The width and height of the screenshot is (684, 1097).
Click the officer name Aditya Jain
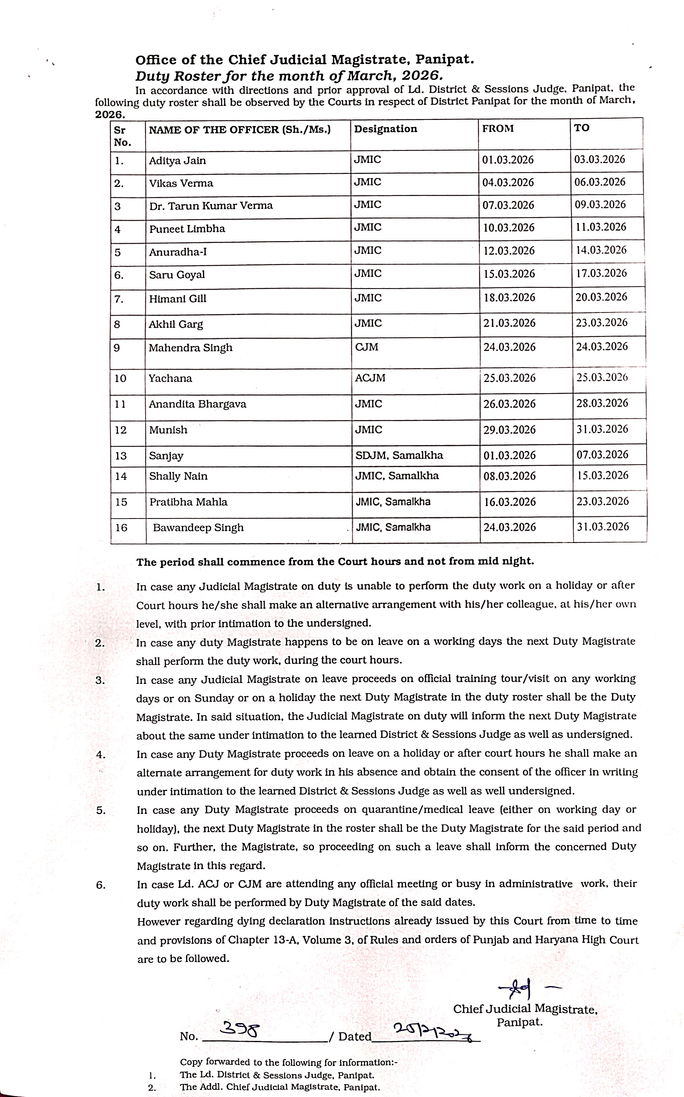(177, 161)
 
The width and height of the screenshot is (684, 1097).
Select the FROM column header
(498, 129)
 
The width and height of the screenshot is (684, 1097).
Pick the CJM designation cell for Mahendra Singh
(366, 347)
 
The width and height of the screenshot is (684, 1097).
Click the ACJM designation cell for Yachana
(370, 378)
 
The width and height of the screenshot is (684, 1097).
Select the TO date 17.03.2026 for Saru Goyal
(601, 273)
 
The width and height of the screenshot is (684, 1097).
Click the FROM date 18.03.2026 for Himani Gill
(509, 298)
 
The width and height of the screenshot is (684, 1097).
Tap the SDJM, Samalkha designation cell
(399, 455)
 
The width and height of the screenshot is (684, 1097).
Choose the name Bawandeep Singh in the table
(198, 527)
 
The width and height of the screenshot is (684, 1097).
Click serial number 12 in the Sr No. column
(121, 430)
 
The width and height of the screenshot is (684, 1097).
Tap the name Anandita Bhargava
(197, 404)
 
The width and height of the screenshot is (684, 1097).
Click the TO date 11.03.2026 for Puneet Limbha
(601, 227)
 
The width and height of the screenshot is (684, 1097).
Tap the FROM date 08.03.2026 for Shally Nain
(509, 476)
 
